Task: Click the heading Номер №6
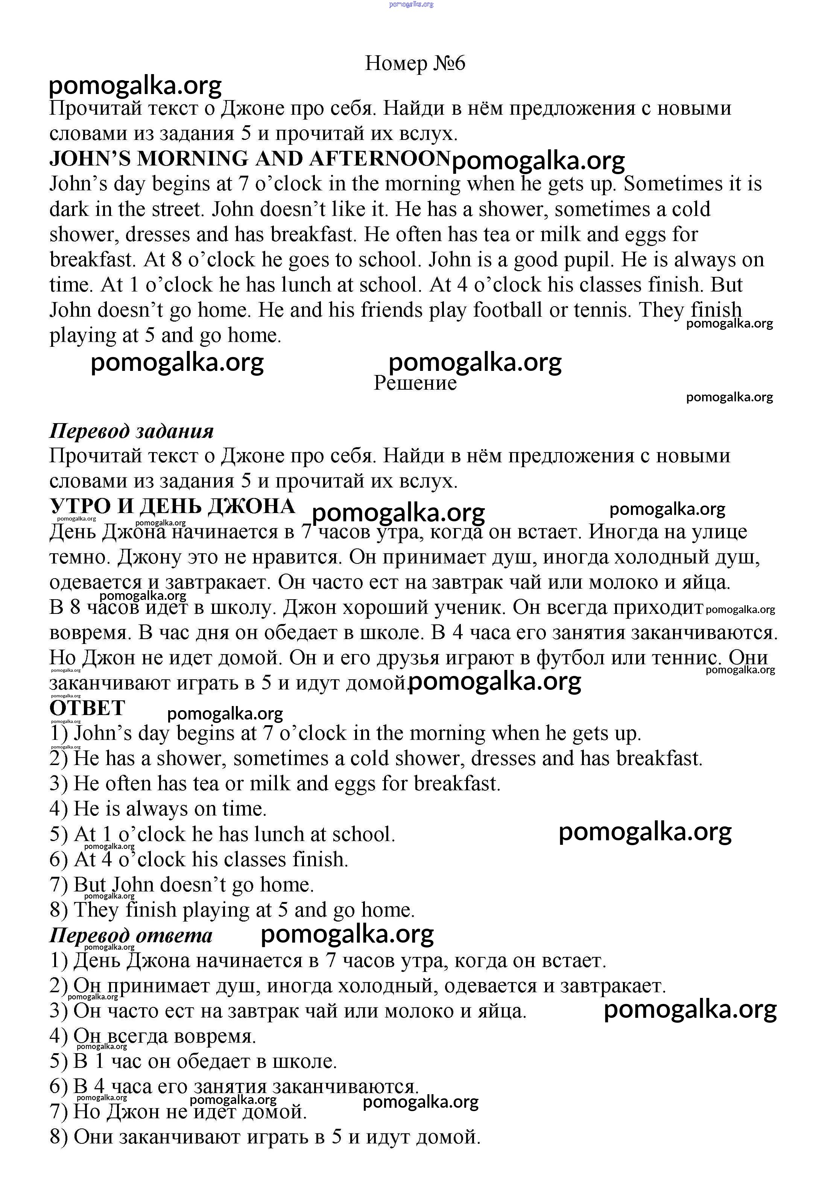point(415,64)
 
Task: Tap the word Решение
point(415,383)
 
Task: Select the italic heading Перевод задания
point(132,431)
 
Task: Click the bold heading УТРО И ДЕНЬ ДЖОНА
point(172,506)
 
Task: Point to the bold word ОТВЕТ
point(87,708)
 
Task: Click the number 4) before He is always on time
point(58,809)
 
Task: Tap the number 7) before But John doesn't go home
point(58,885)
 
